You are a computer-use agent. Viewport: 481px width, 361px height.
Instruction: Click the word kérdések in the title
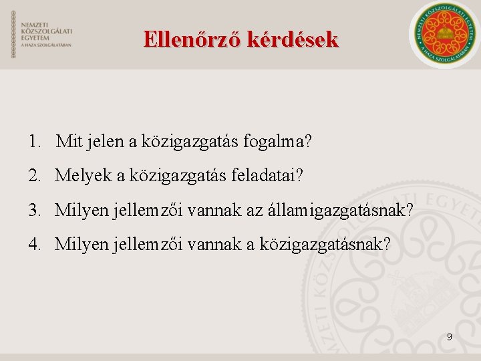click(x=292, y=39)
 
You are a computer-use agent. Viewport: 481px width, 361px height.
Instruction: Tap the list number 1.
click(x=34, y=142)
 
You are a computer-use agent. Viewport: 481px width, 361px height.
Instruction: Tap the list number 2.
click(x=34, y=176)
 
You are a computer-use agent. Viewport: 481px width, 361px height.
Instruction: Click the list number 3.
click(x=34, y=211)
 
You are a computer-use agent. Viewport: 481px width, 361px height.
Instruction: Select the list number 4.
click(x=34, y=245)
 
